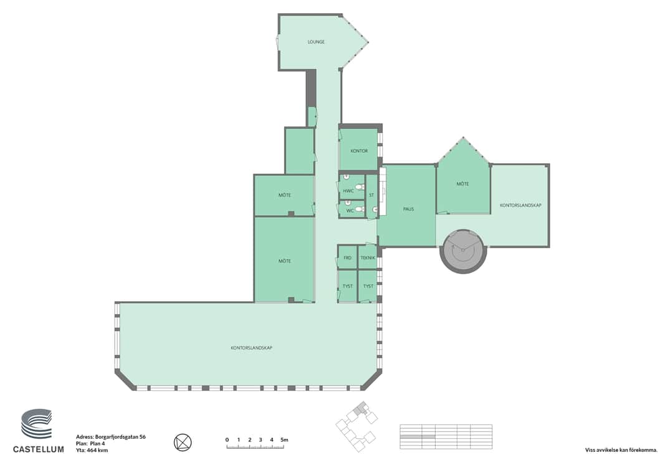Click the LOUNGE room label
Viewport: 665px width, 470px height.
point(316,42)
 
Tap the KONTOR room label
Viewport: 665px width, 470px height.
point(359,151)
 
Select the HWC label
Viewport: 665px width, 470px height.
point(348,191)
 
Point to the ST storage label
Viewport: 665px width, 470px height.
point(371,196)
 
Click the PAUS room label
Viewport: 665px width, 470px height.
point(408,209)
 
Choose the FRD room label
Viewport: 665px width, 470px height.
point(347,258)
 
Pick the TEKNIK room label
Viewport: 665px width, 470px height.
point(368,258)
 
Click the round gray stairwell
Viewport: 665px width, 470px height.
point(462,251)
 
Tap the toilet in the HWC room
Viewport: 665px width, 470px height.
point(360,187)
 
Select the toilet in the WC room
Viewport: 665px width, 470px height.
point(360,209)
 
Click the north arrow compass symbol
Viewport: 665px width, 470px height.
point(183,443)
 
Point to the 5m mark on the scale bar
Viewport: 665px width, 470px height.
point(285,440)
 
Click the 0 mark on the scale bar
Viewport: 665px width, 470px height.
point(227,440)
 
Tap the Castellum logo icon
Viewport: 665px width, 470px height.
point(37,424)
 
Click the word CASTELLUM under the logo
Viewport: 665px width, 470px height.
point(38,449)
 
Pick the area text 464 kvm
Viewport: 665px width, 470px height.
point(97,451)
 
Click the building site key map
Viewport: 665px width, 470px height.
point(356,426)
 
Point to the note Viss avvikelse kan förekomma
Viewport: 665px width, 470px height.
point(621,451)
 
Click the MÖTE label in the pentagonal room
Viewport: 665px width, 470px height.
point(462,184)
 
